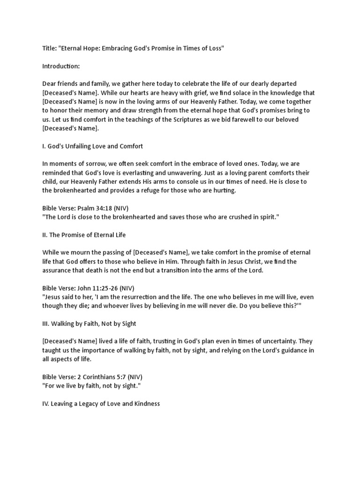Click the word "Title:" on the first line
click(x=50, y=49)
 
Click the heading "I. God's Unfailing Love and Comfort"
click(x=92, y=146)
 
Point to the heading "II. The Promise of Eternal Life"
click(x=84, y=234)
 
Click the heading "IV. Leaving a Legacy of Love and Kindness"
click(x=101, y=403)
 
